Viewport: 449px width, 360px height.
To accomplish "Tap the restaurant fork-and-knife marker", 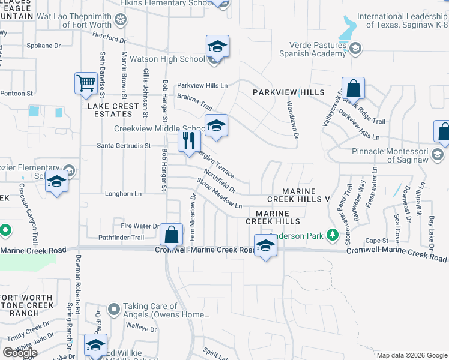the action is [188, 141].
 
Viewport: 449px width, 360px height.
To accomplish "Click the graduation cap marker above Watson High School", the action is [217, 46].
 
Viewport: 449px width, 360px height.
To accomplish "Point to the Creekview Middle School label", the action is [160, 128].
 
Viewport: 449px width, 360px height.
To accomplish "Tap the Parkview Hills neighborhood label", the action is [288, 92].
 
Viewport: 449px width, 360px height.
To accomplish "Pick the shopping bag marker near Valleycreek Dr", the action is [354, 88].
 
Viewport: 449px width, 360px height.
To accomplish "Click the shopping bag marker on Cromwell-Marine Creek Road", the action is [172, 235].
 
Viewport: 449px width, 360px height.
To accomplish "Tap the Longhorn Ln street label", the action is [123, 194].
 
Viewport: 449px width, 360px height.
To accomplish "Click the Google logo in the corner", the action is [20, 353].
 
